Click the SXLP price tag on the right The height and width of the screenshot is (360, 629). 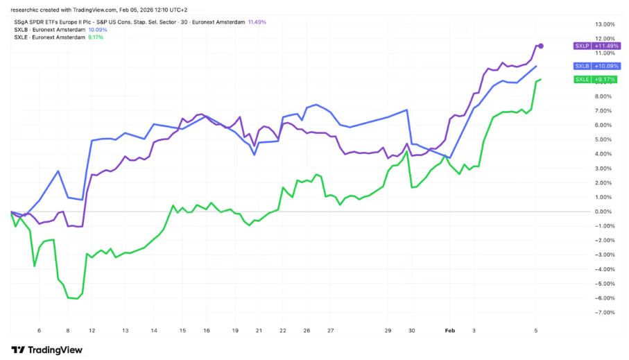point(581,46)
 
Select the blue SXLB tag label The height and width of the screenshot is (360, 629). point(581,66)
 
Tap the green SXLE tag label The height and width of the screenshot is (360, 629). point(581,80)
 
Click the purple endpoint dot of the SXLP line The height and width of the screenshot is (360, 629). point(541,46)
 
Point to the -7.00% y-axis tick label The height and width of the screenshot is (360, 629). point(603,312)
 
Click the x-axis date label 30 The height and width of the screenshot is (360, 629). point(412,332)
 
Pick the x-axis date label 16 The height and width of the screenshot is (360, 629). point(206,332)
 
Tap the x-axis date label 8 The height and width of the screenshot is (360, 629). point(67,332)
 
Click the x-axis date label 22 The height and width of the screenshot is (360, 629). point(282,332)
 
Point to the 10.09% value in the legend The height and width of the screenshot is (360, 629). point(97,30)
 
